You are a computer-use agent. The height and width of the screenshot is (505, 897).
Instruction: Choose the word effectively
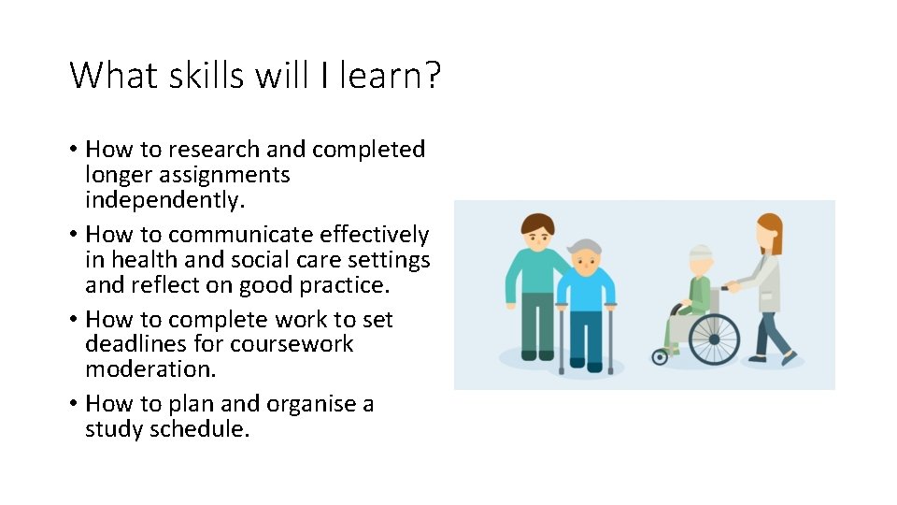point(374,235)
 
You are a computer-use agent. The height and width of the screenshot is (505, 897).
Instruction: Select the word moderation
point(149,369)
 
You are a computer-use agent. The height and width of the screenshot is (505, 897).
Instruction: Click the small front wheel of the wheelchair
point(661,356)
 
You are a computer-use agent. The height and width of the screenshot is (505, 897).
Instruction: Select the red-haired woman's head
point(768,233)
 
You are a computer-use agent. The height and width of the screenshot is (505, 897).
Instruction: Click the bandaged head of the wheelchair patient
point(700,260)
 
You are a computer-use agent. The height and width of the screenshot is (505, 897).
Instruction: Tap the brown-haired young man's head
point(537,231)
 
